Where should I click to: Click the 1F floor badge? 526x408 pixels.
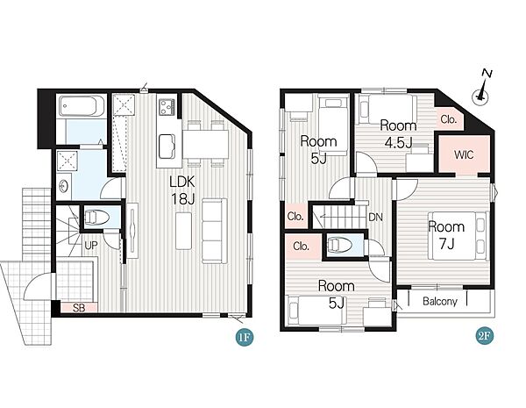tap(245, 337)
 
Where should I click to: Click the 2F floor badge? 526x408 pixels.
tap(485, 336)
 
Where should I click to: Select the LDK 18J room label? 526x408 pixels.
tap(182, 190)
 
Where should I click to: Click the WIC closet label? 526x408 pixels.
tap(464, 154)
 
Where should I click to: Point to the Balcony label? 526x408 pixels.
tap(440, 301)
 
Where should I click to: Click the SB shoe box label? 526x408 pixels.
tap(79, 308)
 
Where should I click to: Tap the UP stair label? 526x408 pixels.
tap(91, 246)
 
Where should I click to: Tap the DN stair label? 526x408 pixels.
tap(375, 218)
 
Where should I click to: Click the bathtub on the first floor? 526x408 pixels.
tap(82, 106)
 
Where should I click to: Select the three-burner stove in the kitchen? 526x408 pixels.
tap(167, 107)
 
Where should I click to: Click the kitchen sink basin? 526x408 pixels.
tap(167, 147)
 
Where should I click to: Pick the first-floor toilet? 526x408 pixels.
tap(97, 218)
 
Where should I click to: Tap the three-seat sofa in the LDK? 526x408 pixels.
tap(215, 231)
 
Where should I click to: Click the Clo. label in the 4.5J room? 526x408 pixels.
tap(449, 119)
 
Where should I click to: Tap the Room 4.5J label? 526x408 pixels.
tap(398, 134)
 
